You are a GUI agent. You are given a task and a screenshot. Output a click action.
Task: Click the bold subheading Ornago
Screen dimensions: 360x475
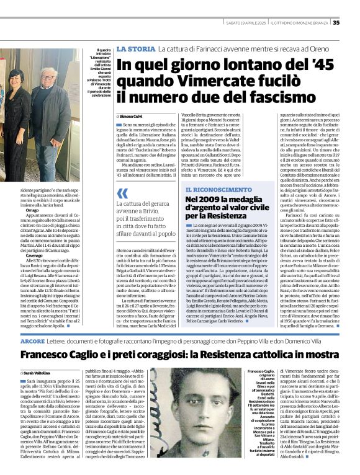click(x=32, y=210)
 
